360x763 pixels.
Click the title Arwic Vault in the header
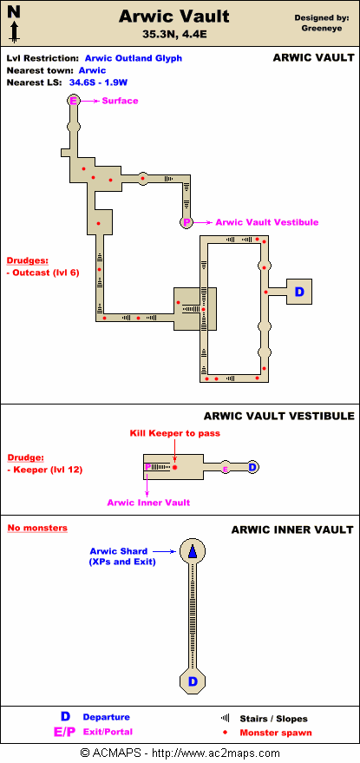pyautogui.click(x=174, y=16)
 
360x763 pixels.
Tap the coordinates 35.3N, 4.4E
pyautogui.click(x=174, y=34)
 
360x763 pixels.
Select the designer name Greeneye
pyautogui.click(x=322, y=29)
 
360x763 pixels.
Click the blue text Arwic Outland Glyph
pyautogui.click(x=134, y=58)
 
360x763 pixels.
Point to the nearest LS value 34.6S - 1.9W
pyautogui.click(x=99, y=82)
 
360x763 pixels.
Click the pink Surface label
pyautogui.click(x=121, y=102)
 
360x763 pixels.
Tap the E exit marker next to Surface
pyautogui.click(x=74, y=102)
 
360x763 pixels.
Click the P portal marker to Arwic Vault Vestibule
pyautogui.click(x=187, y=222)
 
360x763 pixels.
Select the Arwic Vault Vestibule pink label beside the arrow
pyautogui.click(x=267, y=222)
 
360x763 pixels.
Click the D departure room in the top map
pyautogui.click(x=299, y=292)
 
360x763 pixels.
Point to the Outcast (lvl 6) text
pyautogui.click(x=43, y=273)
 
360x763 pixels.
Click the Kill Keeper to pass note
pyautogui.click(x=174, y=433)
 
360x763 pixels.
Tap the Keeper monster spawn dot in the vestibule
pyautogui.click(x=174, y=468)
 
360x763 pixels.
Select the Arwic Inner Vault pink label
pyautogui.click(x=149, y=503)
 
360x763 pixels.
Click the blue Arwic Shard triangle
pyautogui.click(x=193, y=551)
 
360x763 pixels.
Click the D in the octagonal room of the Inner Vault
pyautogui.click(x=193, y=681)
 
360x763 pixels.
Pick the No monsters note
pyautogui.click(x=37, y=528)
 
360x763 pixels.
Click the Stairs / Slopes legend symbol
pyautogui.click(x=226, y=718)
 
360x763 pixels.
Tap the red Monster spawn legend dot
pyautogui.click(x=226, y=733)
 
